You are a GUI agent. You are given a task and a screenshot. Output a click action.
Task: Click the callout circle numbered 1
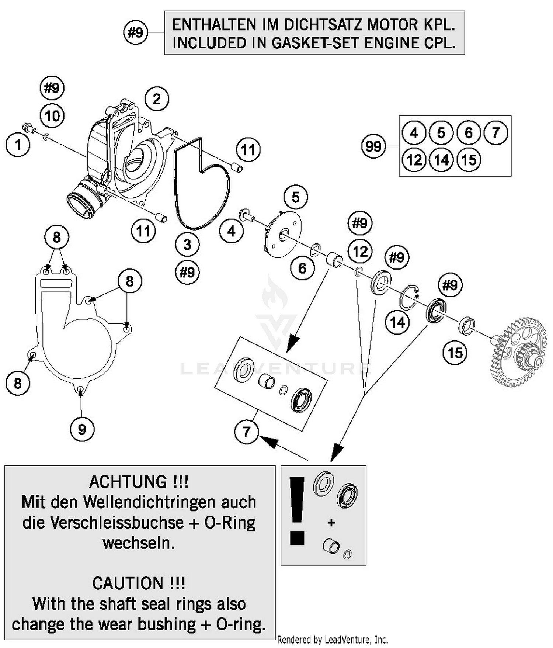pos(18,145)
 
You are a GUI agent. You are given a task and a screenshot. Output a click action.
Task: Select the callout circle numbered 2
pos(157,99)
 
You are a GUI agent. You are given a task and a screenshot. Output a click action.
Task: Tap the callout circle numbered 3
pos(187,244)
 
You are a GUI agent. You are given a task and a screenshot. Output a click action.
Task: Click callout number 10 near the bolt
pos(52,116)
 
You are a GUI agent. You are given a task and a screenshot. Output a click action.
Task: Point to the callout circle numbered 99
pos(373,146)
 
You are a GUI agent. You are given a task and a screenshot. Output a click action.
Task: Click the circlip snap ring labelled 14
pos(409,297)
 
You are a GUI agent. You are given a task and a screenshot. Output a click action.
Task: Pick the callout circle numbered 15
pos(455,353)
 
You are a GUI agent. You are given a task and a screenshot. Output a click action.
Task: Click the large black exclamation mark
pos(297,511)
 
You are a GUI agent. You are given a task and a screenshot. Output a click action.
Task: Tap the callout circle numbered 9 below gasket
pos(82,429)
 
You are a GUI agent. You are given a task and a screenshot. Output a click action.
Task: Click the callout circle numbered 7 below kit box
pos(246,431)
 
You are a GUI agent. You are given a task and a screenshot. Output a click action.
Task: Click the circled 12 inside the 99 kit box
pos(414,160)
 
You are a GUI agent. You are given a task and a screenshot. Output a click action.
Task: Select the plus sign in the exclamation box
pos(331,523)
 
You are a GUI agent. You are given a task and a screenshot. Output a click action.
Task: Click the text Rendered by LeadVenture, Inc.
pos(332,640)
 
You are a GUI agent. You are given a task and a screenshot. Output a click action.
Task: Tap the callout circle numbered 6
pos(302,268)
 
